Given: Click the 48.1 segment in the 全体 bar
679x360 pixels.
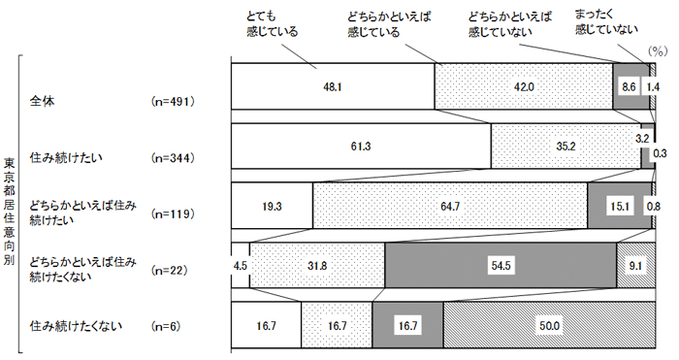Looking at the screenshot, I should [332, 86].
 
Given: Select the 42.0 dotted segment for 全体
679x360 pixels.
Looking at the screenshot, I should [523, 86].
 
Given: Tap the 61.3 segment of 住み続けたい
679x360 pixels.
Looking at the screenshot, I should [361, 147].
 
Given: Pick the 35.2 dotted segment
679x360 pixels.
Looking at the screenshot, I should [566, 147].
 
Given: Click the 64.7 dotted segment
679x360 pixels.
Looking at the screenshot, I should [450, 206].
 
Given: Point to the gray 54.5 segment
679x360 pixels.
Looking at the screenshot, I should [501, 265].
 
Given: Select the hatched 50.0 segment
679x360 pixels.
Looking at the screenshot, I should [549, 325].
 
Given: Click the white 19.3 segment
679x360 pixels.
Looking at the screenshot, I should [272, 206].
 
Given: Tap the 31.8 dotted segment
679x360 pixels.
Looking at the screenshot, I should [317, 265].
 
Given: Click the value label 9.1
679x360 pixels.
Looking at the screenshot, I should [635, 265].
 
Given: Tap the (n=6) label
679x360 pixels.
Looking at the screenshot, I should [168, 326].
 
